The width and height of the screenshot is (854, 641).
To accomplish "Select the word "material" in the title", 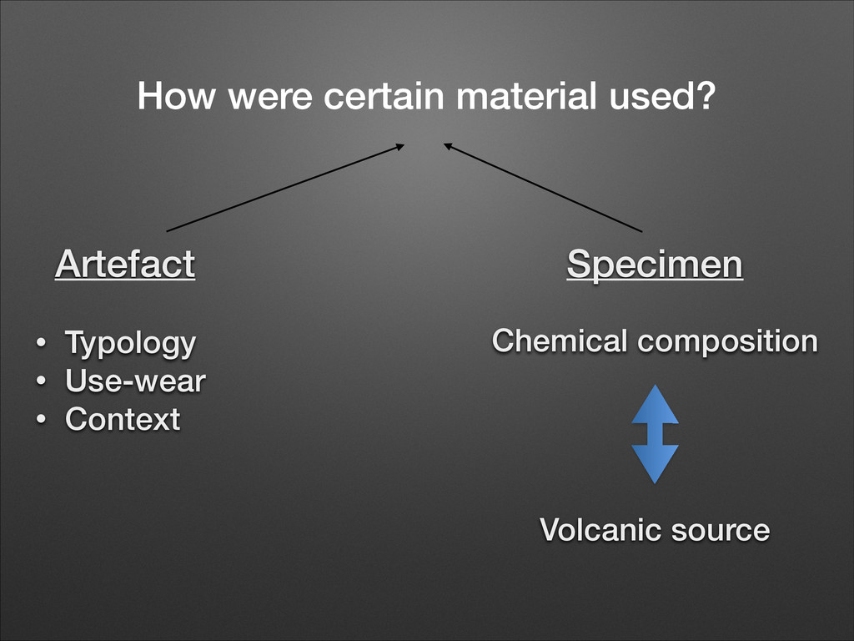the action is click(x=525, y=97).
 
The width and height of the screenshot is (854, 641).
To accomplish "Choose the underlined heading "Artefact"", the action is click(x=125, y=265).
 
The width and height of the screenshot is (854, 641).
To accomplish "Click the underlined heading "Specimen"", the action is click(x=655, y=265).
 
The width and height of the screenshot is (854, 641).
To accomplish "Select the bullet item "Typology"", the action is click(x=131, y=343).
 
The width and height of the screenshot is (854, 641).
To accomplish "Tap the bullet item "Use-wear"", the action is click(x=135, y=381).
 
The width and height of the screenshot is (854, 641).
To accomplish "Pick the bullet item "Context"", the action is click(x=123, y=419).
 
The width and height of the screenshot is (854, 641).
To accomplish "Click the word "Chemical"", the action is click(x=557, y=341).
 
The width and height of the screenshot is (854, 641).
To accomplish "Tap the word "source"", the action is click(x=721, y=529).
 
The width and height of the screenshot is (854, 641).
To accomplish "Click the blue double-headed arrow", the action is click(x=655, y=434).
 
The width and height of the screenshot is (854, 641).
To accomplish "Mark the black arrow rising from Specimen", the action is click(x=543, y=188).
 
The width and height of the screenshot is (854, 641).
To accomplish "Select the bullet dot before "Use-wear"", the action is click(x=40, y=382).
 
